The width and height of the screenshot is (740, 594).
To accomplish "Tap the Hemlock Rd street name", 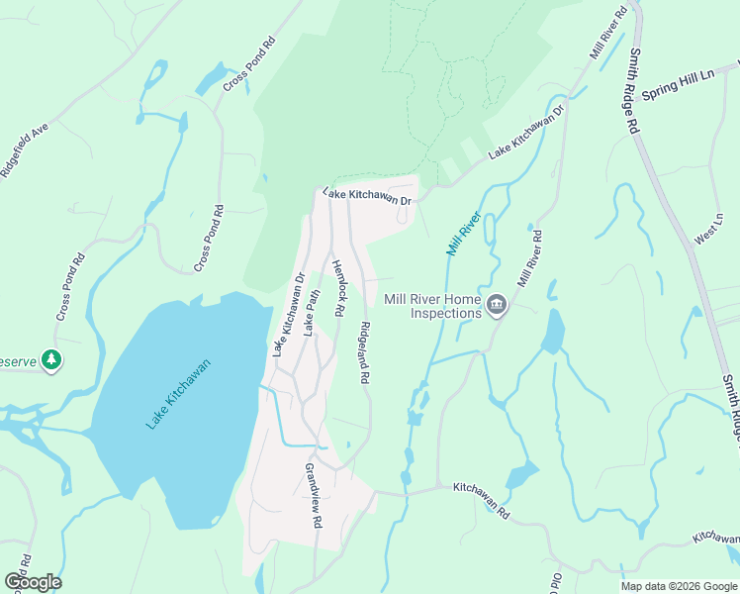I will (x=338, y=288).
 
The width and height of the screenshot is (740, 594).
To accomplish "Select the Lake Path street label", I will (x=312, y=313).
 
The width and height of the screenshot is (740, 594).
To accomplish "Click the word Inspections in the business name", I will (x=446, y=313).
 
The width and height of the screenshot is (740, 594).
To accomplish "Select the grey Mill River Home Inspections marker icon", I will (x=498, y=307).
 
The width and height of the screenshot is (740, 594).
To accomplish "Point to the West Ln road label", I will (x=707, y=228).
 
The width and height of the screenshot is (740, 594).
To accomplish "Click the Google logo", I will (x=33, y=582).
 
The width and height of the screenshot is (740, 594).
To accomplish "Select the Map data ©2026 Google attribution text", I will (x=678, y=586).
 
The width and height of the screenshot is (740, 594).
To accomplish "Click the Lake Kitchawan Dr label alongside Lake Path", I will (x=288, y=314).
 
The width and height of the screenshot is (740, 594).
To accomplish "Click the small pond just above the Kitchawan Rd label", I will (x=521, y=474).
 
